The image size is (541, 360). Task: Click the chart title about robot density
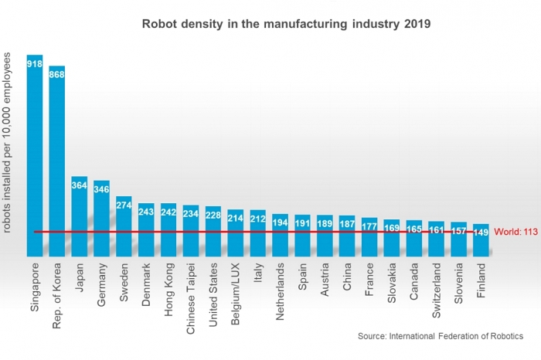(286, 23)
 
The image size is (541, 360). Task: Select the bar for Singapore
(35, 155)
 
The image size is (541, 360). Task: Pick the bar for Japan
(80, 216)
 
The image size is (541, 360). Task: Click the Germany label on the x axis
(102, 287)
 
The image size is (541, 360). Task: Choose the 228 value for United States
(213, 216)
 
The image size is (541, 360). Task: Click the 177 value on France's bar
(369, 226)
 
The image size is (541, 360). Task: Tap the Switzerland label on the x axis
(437, 290)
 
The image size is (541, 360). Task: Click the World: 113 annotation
(515, 232)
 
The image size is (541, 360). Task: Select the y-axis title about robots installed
(9, 143)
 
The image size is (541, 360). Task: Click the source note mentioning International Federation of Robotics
(440, 336)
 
